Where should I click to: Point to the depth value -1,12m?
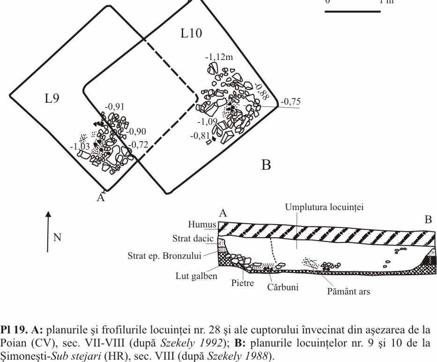point(219,58)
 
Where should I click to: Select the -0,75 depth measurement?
point(290,102)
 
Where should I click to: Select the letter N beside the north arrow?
point(57,237)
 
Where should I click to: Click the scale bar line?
point(352,10)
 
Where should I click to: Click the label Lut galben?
point(200,276)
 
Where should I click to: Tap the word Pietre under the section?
point(242,284)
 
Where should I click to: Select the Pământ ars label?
point(348,292)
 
